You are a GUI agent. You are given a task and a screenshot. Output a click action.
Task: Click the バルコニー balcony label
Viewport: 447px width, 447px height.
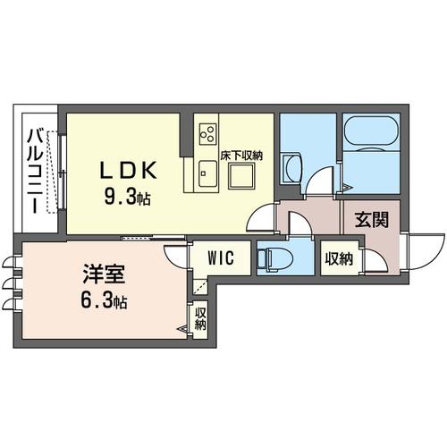coord(32,170)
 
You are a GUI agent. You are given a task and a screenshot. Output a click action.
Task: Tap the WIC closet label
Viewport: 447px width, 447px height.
coord(220,257)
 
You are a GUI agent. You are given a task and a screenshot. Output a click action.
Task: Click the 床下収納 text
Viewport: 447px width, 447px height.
coord(241,156)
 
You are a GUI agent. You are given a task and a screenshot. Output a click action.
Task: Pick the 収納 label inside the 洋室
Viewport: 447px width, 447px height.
coord(200,319)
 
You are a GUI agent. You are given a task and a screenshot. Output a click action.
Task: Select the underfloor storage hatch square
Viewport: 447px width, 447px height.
coord(242,176)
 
